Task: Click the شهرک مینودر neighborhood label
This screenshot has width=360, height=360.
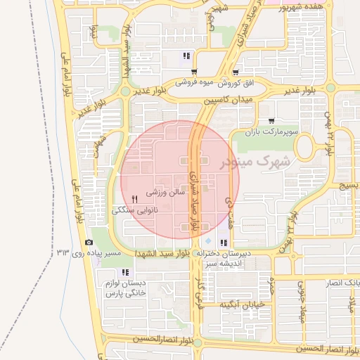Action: pyautogui.click(x=254, y=162)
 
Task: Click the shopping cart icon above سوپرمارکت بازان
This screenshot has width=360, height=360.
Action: pyautogui.click(x=271, y=120)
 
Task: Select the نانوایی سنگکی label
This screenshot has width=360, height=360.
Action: pyautogui.click(x=135, y=210)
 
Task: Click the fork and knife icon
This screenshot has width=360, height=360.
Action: pyautogui.click(x=134, y=200)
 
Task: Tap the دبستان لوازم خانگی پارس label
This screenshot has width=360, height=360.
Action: pyautogui.click(x=126, y=288)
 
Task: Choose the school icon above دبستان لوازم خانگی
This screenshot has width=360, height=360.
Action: pyautogui.click(x=125, y=273)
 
